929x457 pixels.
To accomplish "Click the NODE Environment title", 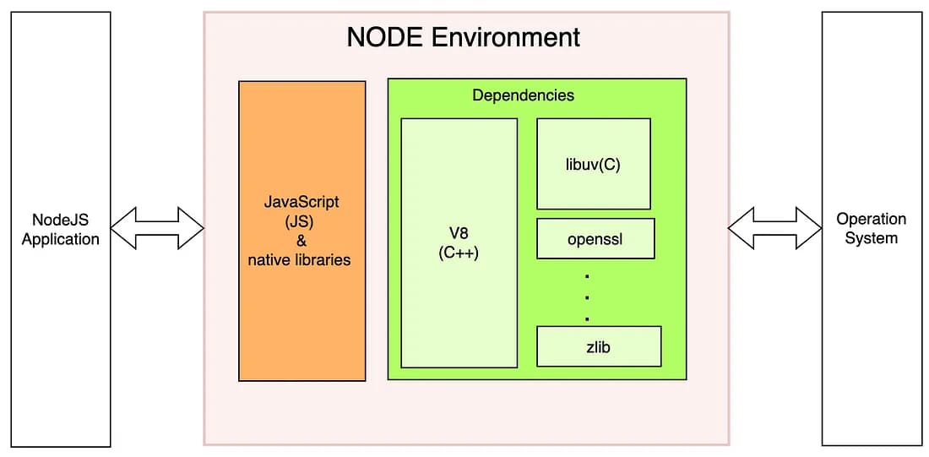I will [x=464, y=37].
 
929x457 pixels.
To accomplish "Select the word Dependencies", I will [x=523, y=95].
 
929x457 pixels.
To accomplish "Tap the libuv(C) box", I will [x=593, y=164].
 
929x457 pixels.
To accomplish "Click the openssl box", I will [x=595, y=239].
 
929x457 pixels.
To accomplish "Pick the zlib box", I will [x=598, y=346].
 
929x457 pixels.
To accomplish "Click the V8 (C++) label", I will [x=459, y=242].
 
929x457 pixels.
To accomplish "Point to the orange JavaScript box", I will [x=302, y=231].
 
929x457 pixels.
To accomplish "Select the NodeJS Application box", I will [x=60, y=229].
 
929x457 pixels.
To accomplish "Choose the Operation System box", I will [x=871, y=229].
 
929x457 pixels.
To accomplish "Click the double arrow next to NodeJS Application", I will [x=157, y=228].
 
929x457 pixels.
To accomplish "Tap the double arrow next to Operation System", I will [x=774, y=228].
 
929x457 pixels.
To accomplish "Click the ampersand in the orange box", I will [x=302, y=241].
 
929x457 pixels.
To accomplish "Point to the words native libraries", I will [x=299, y=260].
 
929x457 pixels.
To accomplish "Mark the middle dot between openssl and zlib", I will [x=587, y=297].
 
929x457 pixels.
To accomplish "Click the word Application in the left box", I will [x=60, y=239].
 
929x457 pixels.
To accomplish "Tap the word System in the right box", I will [x=871, y=238].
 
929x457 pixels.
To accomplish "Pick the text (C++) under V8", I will [x=459, y=252].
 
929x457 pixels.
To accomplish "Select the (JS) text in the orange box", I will [x=302, y=221].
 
